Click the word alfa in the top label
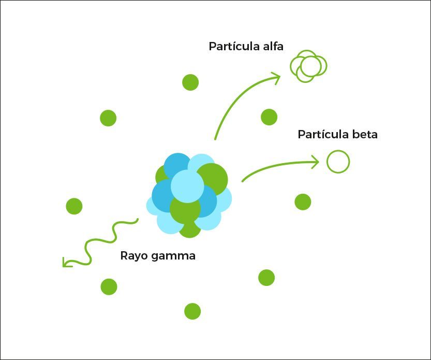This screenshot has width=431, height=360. click(x=273, y=46)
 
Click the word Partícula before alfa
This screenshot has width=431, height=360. click(x=234, y=46)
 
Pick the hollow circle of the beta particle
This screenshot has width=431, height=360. click(x=338, y=151)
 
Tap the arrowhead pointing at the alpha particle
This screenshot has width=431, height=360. click(x=276, y=78)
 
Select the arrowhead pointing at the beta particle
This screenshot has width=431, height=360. click(x=316, y=162)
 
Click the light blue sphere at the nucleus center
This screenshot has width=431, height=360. click(x=187, y=186)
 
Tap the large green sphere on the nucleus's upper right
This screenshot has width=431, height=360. click(x=212, y=179)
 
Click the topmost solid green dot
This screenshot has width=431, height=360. click(x=190, y=82)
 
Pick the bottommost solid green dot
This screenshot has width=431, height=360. click(x=192, y=311)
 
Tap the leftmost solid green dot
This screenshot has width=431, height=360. click(x=74, y=206)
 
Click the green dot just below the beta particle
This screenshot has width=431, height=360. click(x=303, y=201)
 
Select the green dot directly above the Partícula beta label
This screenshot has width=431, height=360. click(x=269, y=117)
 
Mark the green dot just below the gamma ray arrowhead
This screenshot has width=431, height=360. click(x=109, y=287)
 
